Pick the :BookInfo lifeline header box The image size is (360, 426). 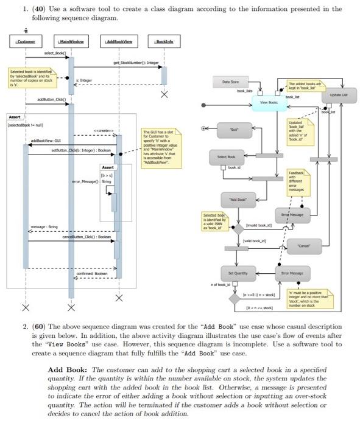point(164,41)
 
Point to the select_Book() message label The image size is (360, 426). point(49,54)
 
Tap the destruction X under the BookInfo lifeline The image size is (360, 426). point(164,95)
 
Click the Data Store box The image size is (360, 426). point(230,81)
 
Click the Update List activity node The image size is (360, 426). point(339,96)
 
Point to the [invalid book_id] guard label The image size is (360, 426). point(259,225)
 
